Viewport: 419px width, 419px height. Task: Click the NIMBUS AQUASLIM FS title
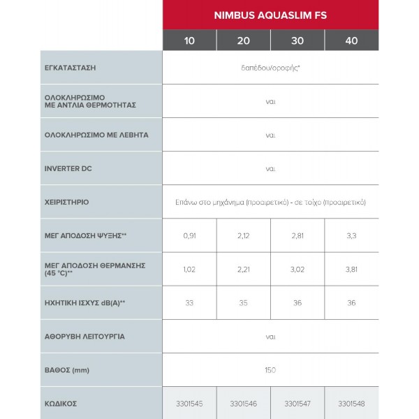[270, 15]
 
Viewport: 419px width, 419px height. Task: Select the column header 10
[189, 41]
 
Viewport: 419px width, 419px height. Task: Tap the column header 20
[244, 41]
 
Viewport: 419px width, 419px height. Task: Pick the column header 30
[297, 41]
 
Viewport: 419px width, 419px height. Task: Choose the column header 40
[351, 41]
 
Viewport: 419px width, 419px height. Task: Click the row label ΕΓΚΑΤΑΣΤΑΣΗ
[69, 68]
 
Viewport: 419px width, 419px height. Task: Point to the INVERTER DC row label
[68, 168]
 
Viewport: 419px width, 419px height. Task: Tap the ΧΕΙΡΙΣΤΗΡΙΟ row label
[66, 202]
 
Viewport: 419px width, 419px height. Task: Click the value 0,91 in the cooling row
[189, 235]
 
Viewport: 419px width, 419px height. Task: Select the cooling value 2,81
[297, 235]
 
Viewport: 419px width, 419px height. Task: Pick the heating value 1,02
[189, 269]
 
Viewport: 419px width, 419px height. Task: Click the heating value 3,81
[351, 269]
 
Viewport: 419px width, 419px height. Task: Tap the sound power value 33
[189, 302]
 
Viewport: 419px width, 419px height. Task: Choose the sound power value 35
[244, 302]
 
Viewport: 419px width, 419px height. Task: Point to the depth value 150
[270, 369]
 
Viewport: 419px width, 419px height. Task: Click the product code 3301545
[189, 403]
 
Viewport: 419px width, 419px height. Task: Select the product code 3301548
[351, 403]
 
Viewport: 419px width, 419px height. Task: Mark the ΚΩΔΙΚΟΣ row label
[60, 403]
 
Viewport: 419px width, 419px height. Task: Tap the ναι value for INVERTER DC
[270, 168]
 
